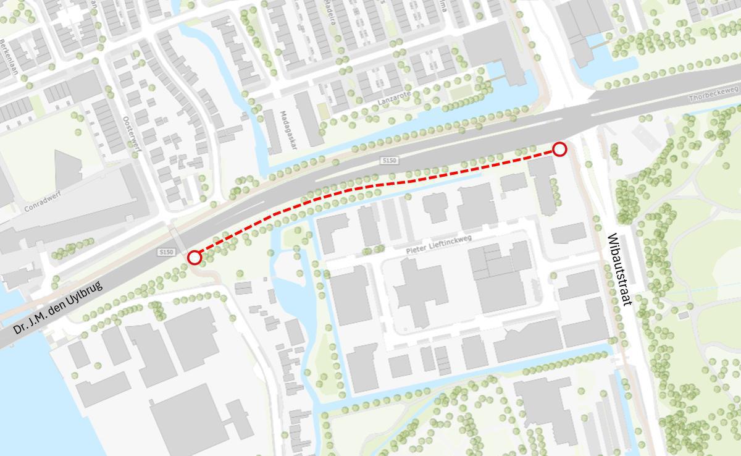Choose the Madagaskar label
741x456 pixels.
[x=285, y=129]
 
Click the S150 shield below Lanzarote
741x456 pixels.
[x=390, y=161]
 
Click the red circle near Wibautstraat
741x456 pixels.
[x=559, y=149]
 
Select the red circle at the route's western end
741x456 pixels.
[x=195, y=257]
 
